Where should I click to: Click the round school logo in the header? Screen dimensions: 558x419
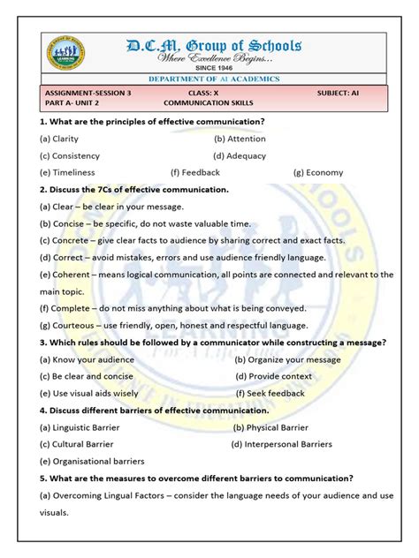66,57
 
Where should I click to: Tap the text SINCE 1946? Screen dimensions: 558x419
217,68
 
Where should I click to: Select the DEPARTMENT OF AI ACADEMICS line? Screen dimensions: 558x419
213,79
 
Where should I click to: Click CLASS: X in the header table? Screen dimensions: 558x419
207,92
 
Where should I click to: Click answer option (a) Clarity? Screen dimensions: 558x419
59,139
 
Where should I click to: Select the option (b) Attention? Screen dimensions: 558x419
240,139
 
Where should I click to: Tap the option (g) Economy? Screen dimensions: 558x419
318,172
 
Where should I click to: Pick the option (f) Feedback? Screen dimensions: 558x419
195,172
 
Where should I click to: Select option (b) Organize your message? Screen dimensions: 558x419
287,359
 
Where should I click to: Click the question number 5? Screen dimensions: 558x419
43,478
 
